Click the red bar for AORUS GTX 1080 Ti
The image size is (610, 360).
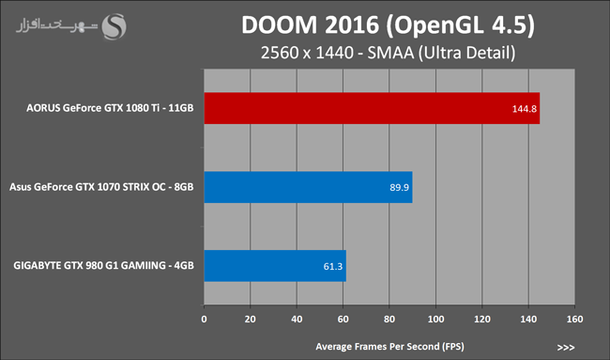tap(372, 108)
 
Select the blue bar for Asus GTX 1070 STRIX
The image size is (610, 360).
tap(308, 187)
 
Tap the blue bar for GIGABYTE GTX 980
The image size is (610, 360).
tap(275, 266)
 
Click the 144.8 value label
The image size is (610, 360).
tap(524, 109)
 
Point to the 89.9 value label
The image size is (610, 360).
tap(399, 187)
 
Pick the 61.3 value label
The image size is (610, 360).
tap(333, 267)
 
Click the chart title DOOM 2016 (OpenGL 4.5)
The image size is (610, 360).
tap(388, 25)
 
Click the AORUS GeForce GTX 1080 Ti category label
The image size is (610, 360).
tap(110, 108)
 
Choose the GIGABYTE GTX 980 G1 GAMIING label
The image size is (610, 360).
tap(103, 266)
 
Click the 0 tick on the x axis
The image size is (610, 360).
tap(204, 319)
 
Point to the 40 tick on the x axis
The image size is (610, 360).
tap(297, 319)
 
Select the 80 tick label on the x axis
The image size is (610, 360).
tap(389, 319)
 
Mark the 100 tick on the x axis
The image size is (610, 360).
tap(435, 319)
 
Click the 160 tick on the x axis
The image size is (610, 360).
tap(574, 319)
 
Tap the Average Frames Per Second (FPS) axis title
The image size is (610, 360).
tap(389, 346)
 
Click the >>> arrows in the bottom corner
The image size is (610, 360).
tap(566, 348)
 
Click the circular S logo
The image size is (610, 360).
tap(114, 26)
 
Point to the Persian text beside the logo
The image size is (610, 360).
tap(56, 25)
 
